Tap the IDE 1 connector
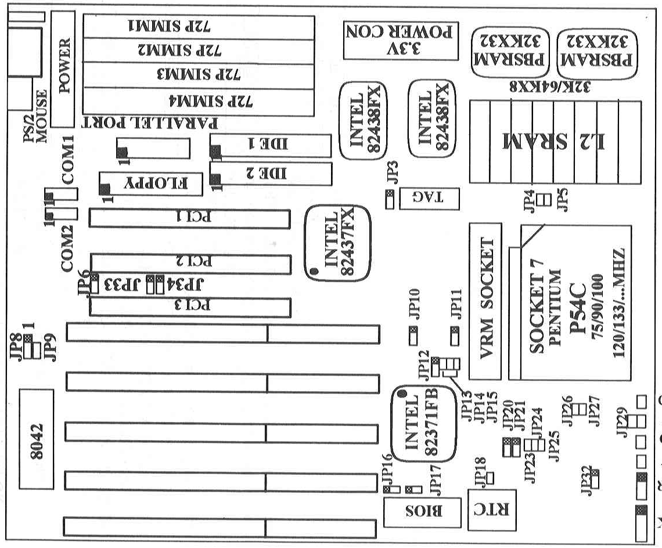point(271,145)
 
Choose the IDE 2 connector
point(271,173)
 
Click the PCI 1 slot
point(189,218)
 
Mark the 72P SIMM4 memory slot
point(197,100)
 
